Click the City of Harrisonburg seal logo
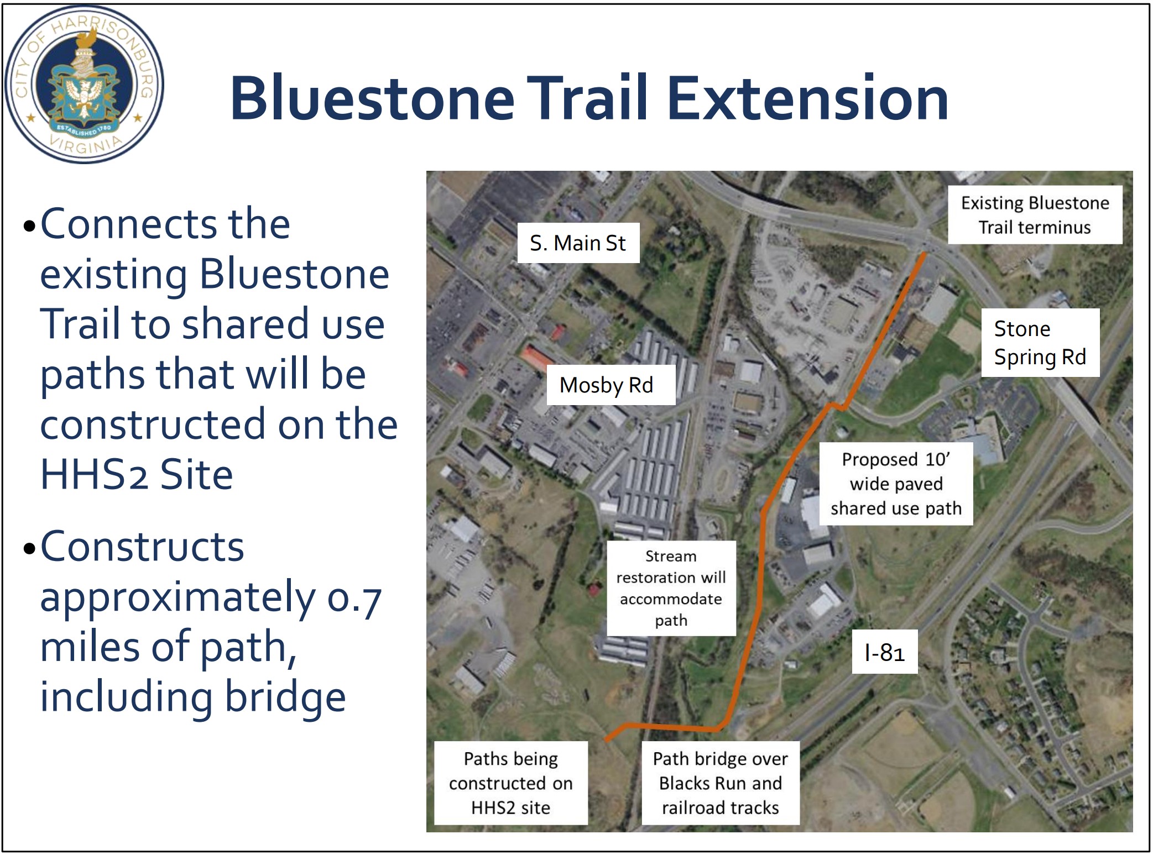tap(85, 85)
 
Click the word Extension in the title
tap(808, 98)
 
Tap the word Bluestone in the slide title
tap(372, 98)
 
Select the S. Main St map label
tap(578, 243)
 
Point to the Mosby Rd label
tap(606, 385)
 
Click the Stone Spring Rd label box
tap(1040, 343)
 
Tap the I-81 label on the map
tap(884, 652)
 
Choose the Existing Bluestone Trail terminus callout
tap(1035, 215)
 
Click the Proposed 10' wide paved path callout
tap(896, 484)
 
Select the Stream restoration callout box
tap(671, 588)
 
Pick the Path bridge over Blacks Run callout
tap(721, 783)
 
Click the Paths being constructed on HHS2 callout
tap(511, 783)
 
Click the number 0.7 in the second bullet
tap(354, 597)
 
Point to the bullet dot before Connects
tap(30, 227)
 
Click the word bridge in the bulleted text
tap(285, 697)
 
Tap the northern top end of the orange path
tap(924, 254)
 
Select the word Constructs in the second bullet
tap(142, 547)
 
